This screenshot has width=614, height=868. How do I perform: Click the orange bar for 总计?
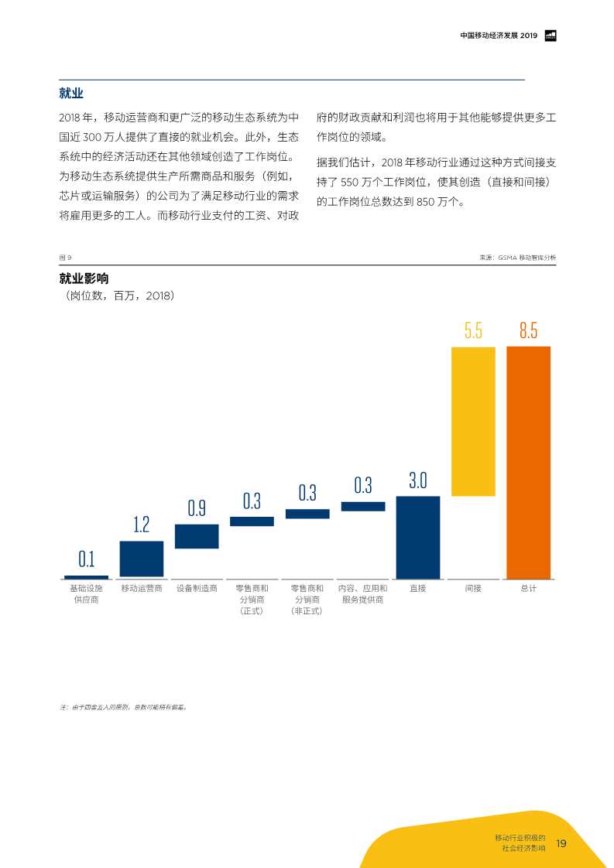click(528, 462)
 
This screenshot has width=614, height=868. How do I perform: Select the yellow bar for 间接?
click(473, 421)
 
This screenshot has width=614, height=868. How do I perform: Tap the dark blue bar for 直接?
click(418, 537)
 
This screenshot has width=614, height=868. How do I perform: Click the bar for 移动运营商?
click(142, 559)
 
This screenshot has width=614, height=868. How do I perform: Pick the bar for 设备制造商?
click(197, 536)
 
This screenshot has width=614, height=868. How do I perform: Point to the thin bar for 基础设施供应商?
click(86, 576)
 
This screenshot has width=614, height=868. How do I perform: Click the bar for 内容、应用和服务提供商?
click(363, 506)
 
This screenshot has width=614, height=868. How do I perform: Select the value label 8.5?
click(528, 331)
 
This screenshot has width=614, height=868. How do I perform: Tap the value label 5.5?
click(473, 331)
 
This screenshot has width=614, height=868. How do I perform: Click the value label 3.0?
click(418, 480)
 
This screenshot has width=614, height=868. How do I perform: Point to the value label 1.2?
click(142, 525)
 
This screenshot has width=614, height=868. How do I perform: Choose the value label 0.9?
click(197, 508)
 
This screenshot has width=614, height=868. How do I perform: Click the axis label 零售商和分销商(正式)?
click(252, 600)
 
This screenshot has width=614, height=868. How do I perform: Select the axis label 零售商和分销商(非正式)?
click(307, 600)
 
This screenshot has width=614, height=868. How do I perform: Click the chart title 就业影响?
click(84, 279)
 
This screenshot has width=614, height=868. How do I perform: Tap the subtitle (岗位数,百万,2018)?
click(120, 296)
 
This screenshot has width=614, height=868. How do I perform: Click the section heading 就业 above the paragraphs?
click(71, 94)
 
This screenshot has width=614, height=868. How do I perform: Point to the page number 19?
click(561, 843)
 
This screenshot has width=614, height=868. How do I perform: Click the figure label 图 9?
click(65, 258)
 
